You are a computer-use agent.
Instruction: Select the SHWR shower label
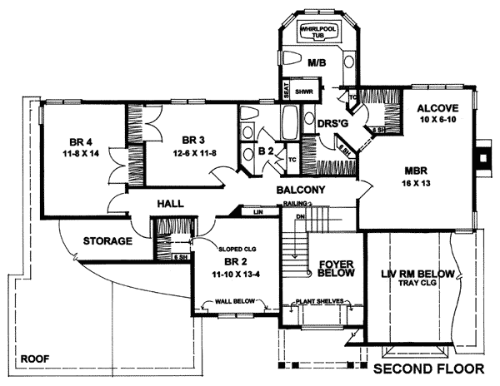point(303,93)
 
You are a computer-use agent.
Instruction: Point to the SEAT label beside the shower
point(286,93)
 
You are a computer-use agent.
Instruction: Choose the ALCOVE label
point(438,109)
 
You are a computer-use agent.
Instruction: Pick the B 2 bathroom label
point(266,151)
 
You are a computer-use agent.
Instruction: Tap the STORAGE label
point(107,242)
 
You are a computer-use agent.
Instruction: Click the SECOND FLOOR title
point(428,367)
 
